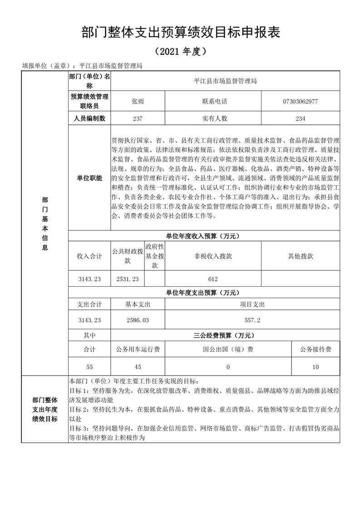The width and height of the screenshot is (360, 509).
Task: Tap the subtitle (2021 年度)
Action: tap(180, 51)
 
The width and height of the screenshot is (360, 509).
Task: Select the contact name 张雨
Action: tap(138, 101)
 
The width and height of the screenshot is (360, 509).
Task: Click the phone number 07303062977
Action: tap(300, 101)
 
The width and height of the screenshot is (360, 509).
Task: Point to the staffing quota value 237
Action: tap(138, 118)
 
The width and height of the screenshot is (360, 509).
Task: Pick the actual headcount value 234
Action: tap(300, 118)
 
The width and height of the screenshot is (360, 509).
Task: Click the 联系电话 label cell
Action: tap(215, 101)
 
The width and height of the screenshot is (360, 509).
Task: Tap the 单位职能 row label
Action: tap(89, 178)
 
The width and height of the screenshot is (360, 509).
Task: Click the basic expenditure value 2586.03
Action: tap(138, 320)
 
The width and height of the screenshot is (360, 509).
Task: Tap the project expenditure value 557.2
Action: tap(252, 320)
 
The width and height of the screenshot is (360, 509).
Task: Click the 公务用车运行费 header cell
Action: tap(138, 350)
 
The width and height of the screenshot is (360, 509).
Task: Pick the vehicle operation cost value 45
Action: tap(138, 367)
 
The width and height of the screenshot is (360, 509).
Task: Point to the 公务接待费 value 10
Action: tap(316, 367)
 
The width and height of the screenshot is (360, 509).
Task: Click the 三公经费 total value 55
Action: tap(89, 367)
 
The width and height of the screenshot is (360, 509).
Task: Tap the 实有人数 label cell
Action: tap(215, 118)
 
